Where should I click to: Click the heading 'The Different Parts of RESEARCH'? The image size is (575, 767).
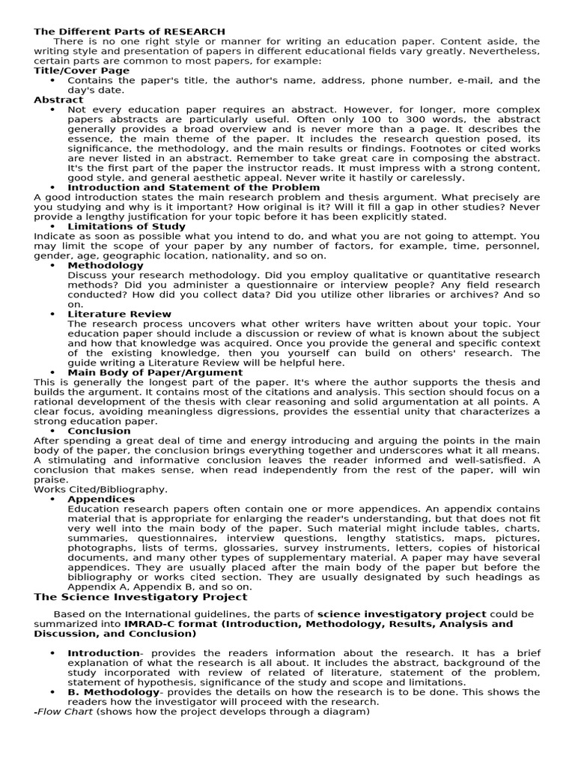(x=129, y=31)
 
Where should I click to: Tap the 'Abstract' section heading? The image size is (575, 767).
(x=58, y=99)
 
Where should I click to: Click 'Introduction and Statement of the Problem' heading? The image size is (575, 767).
(x=193, y=187)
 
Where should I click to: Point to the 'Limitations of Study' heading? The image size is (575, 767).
(x=127, y=226)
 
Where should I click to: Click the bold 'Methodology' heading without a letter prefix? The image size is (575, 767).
(x=106, y=265)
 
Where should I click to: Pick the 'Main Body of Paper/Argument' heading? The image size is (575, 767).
(x=155, y=372)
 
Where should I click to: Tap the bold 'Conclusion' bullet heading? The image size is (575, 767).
(x=99, y=431)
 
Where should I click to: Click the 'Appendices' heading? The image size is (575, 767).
(x=101, y=499)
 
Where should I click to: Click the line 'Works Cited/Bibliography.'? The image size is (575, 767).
(x=101, y=489)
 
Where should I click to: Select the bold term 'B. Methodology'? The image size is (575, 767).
(x=113, y=692)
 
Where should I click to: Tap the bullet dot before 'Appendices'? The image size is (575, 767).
(x=52, y=499)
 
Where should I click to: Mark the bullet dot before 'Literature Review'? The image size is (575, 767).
(x=52, y=314)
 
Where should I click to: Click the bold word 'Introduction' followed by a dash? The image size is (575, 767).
(x=103, y=653)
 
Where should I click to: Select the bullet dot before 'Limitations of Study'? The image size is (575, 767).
(x=52, y=226)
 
